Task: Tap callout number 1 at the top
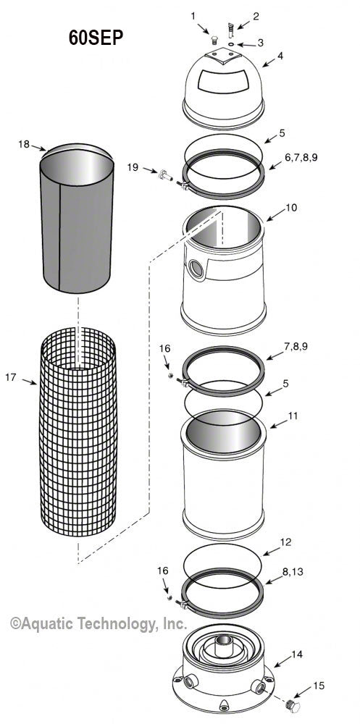193,15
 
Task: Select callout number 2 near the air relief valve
235,15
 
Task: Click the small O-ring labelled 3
230,43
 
